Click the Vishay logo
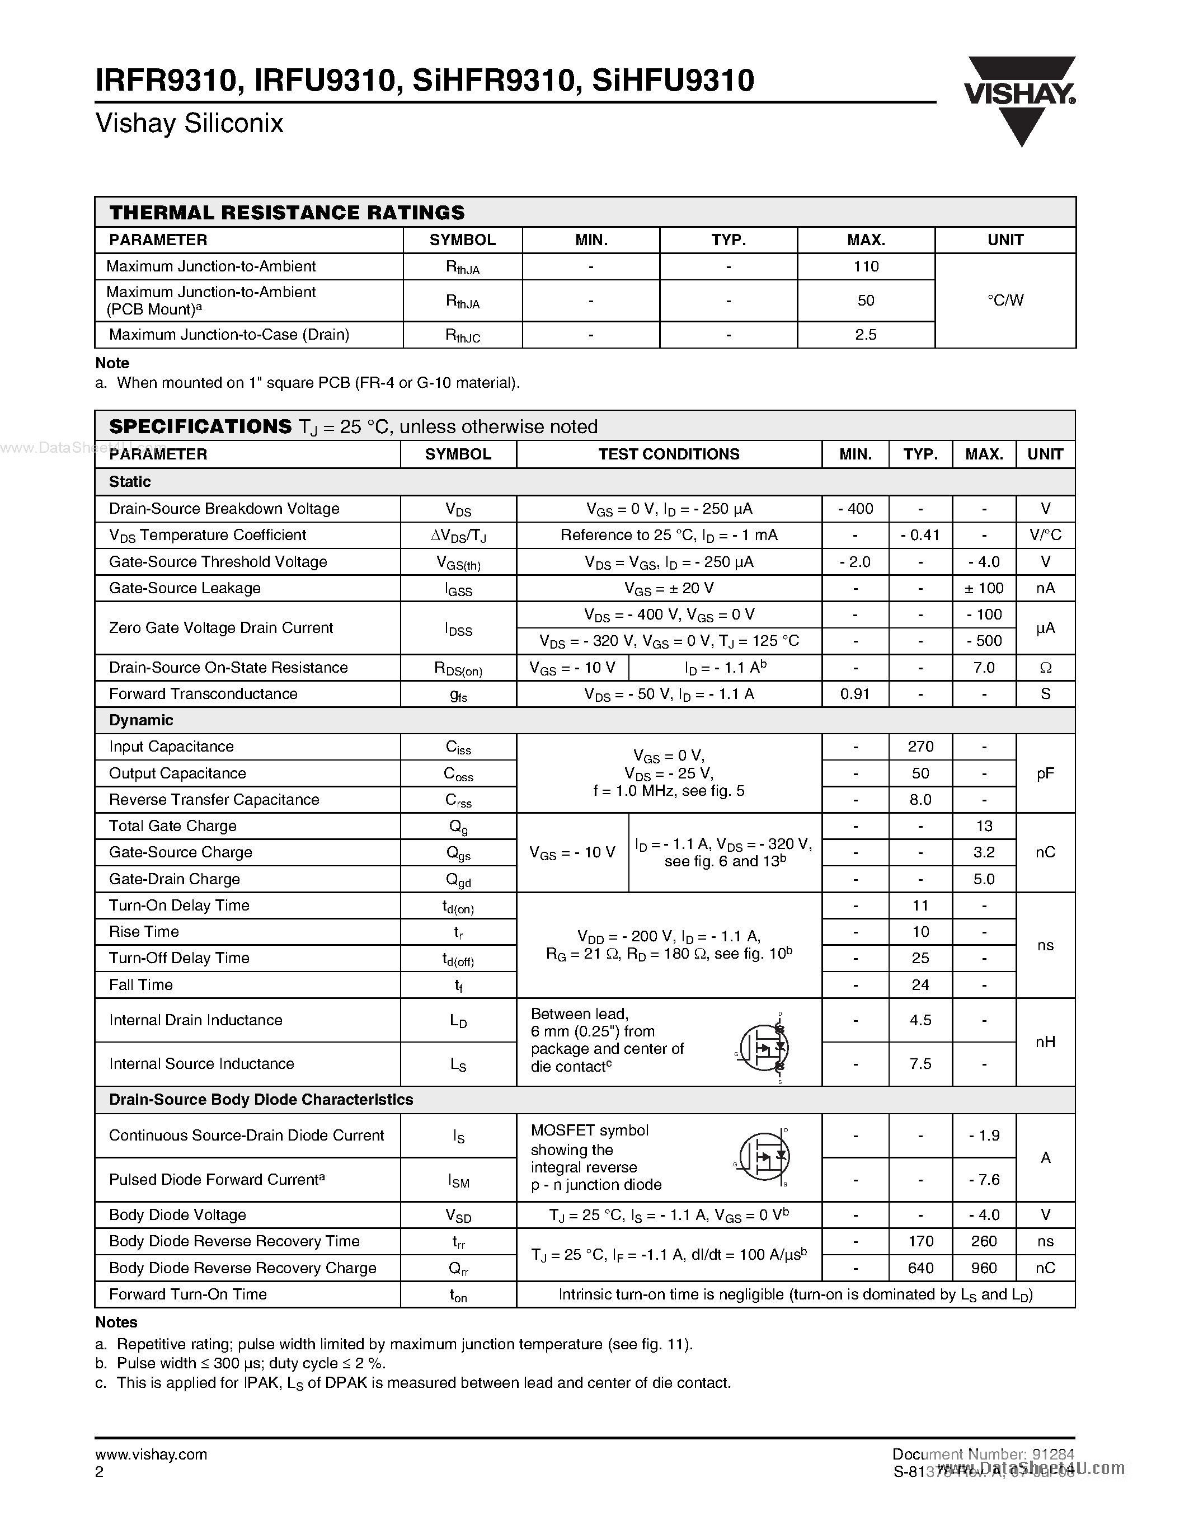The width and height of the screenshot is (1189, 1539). tap(1020, 98)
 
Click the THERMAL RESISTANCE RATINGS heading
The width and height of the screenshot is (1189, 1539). tap(286, 212)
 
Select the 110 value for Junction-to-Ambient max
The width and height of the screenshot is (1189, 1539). tap(866, 266)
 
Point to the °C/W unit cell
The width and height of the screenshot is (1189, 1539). tap(1005, 300)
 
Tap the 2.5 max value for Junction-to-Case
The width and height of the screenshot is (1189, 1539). tap(866, 335)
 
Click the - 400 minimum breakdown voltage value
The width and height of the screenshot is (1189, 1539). tap(855, 509)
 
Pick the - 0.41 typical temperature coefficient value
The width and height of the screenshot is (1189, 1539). tap(920, 535)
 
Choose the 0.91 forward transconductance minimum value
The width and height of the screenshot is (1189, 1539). tap(855, 693)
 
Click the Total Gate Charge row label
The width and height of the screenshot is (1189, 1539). tap(172, 826)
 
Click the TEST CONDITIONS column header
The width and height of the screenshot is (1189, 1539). tap(669, 454)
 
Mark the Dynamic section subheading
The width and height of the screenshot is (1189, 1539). tap(141, 720)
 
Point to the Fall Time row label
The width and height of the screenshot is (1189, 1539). tap(141, 984)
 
